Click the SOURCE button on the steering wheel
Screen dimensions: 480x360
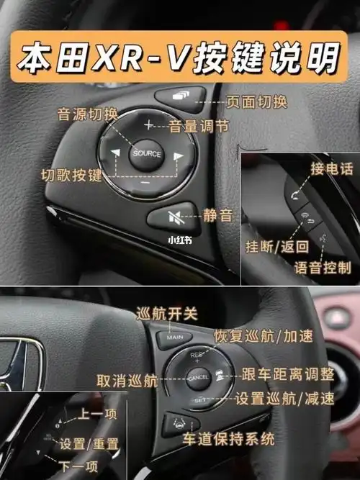coord(146,153)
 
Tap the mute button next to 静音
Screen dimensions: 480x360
coord(173,215)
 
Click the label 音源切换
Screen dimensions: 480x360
coord(86,113)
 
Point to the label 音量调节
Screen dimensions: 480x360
coord(199,127)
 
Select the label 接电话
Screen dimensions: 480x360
coord(332,168)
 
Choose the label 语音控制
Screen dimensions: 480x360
coord(323,268)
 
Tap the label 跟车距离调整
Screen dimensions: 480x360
coord(288,374)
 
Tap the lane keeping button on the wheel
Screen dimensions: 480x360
coord(176,424)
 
